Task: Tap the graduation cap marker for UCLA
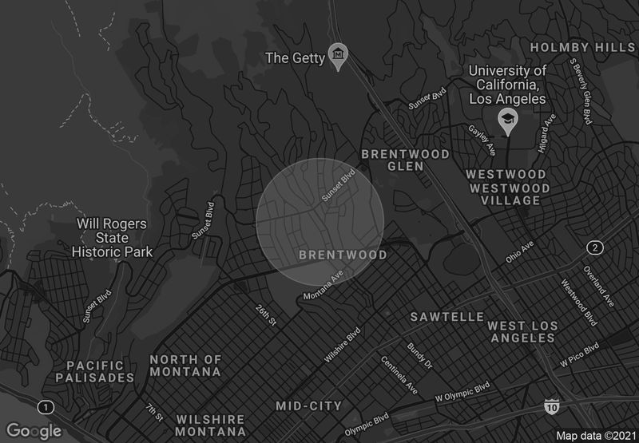tap(506, 120)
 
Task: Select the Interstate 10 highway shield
tap(551, 407)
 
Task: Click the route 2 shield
tap(594, 247)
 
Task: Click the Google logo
tap(34, 431)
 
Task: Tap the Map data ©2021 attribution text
tap(595, 435)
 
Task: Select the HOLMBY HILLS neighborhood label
tap(584, 47)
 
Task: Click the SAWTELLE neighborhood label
tap(447, 317)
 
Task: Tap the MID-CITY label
tap(308, 406)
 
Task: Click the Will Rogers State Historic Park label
tap(113, 238)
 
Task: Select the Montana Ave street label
tap(323, 285)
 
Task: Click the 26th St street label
tap(266, 314)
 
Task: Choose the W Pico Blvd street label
tap(579, 355)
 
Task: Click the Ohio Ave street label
tap(519, 254)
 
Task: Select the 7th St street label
tap(154, 413)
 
